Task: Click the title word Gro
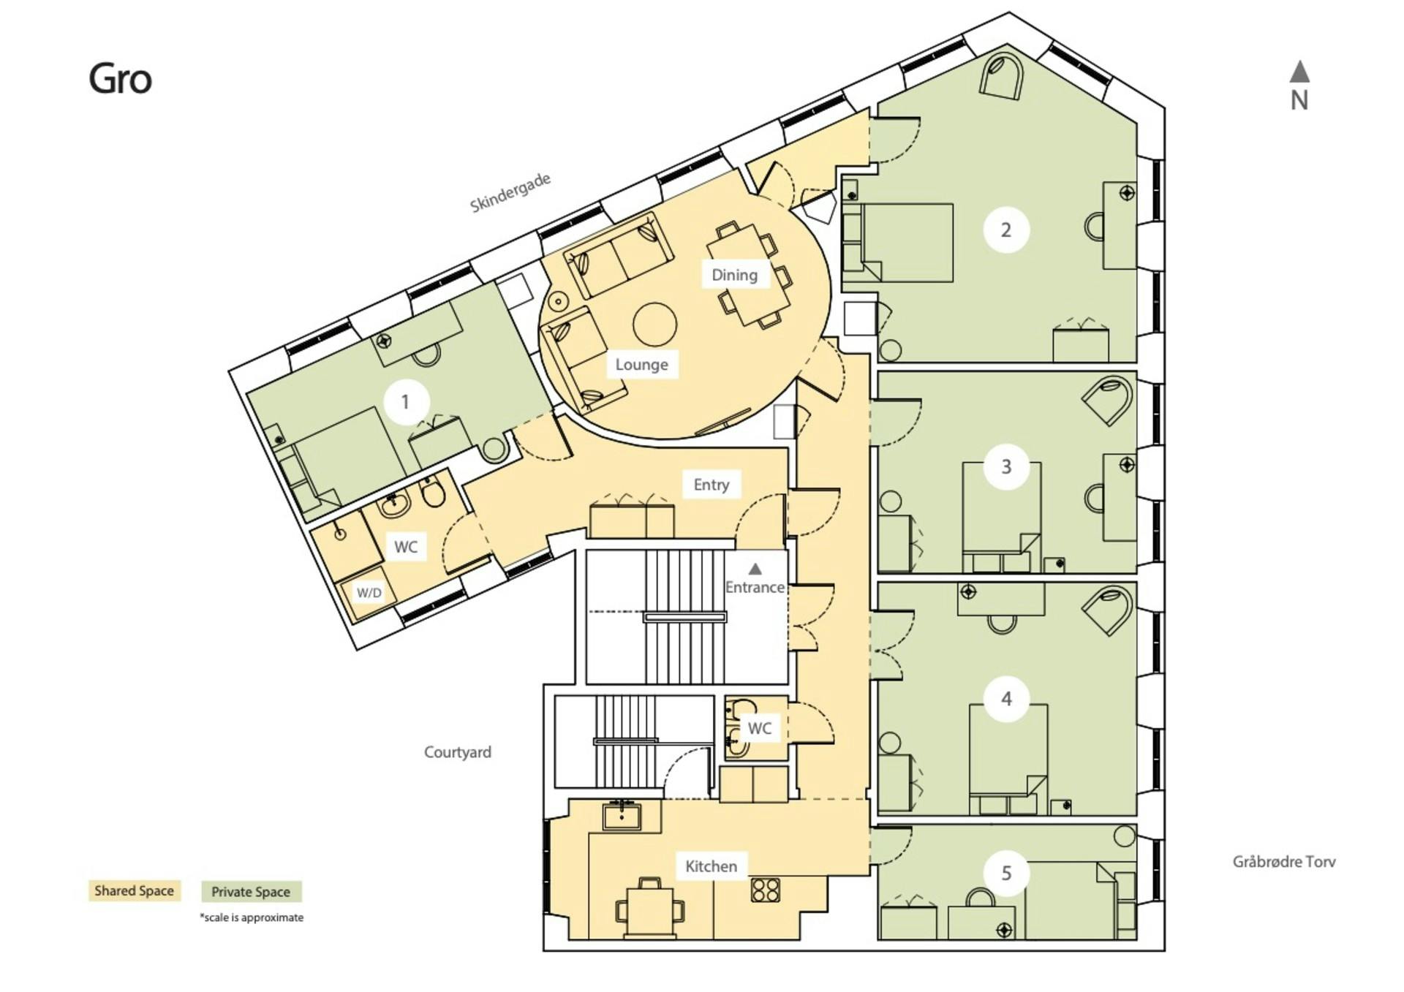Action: coord(120,79)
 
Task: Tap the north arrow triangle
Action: coord(1299,71)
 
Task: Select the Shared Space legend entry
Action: coord(135,890)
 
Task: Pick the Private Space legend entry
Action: coord(251,891)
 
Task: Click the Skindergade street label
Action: coord(510,193)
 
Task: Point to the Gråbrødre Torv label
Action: coord(1284,862)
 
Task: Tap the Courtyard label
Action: coord(458,751)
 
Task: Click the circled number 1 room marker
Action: coord(406,401)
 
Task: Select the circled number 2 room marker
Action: coord(1006,230)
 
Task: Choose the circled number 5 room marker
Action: coord(1006,873)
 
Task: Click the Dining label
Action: coord(734,275)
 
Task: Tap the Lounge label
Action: coord(641,364)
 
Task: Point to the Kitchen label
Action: coord(711,866)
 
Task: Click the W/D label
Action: coord(369,592)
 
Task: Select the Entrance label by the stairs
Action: coord(755,587)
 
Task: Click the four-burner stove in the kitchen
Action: coord(766,890)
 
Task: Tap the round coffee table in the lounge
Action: coord(654,325)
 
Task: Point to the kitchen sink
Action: coord(622,815)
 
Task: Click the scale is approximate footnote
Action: coord(252,917)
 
